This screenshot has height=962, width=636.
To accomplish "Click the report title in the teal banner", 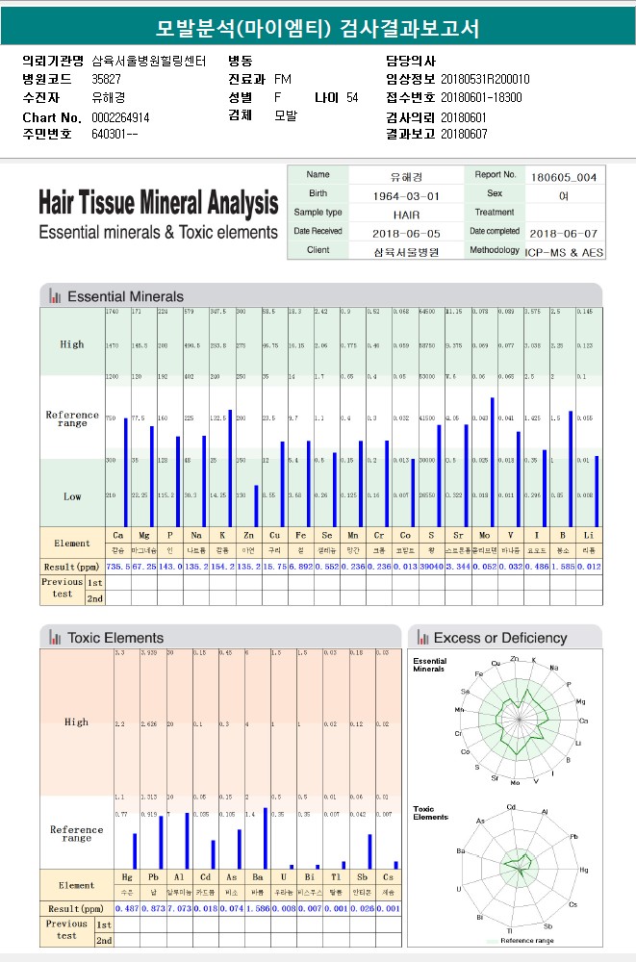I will (318, 28).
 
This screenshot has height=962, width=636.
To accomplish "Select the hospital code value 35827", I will (106, 79).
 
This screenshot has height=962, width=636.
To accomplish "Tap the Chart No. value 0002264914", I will (120, 117).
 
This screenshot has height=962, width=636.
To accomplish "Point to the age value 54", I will (352, 98).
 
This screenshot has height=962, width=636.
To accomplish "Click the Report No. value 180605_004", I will (564, 177).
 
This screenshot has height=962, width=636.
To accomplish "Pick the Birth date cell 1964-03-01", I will (406, 195).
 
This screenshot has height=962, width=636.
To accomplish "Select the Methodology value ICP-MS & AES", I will (564, 251).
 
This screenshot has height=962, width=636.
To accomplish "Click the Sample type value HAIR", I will (406, 214).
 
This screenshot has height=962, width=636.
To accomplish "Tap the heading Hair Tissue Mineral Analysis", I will (158, 204).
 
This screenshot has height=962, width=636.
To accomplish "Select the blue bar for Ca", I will (125, 471).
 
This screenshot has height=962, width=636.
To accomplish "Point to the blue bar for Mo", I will (493, 462).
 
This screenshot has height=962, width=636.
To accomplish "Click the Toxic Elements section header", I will (115, 638).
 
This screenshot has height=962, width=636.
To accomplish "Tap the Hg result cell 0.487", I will (127, 908).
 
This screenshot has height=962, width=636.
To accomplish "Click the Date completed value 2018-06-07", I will (564, 233).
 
